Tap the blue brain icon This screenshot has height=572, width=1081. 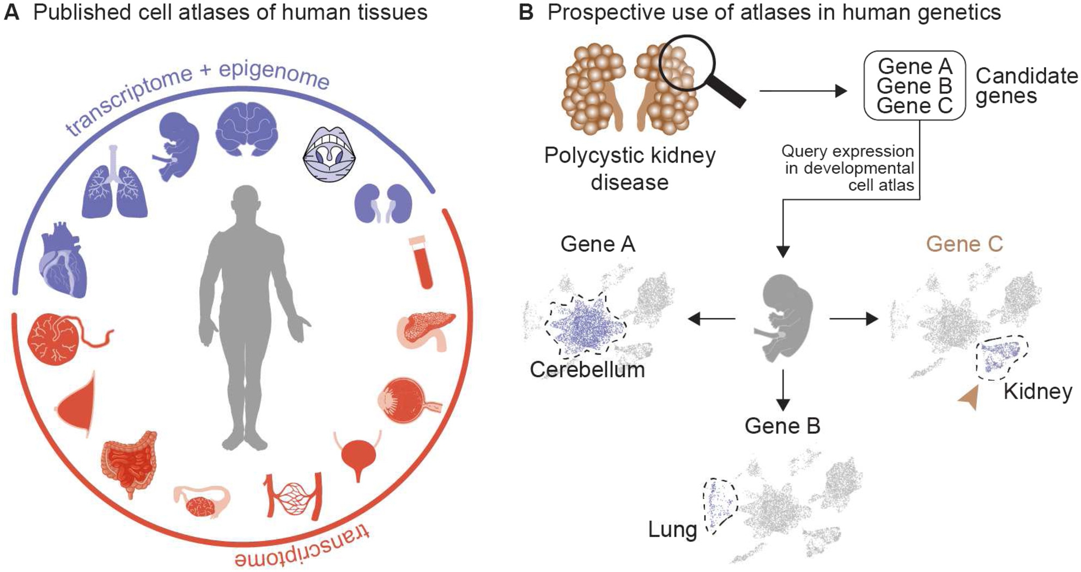click(247, 129)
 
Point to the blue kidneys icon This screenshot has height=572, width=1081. click(383, 203)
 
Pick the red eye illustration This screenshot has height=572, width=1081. click(406, 401)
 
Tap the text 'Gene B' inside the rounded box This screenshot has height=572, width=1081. click(914, 86)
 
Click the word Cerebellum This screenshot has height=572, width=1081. click(587, 370)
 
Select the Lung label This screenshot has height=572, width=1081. click(672, 529)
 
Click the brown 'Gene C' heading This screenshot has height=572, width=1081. click(964, 244)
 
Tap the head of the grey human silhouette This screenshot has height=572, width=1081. click(246, 200)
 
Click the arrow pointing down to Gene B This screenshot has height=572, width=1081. click(782, 390)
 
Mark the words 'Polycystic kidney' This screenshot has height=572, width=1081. click(629, 155)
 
